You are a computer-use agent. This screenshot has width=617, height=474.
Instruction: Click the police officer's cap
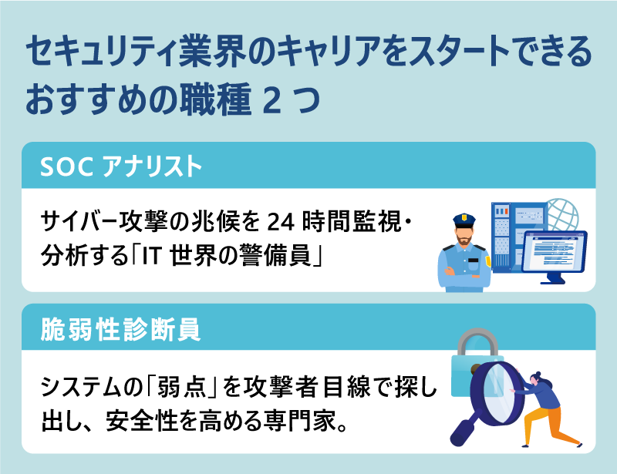[x=465, y=217]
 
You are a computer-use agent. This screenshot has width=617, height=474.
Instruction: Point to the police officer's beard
[x=465, y=241]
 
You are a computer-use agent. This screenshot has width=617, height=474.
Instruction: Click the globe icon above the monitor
[x=561, y=216]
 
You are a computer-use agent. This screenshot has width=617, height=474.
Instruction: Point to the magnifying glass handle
[x=463, y=432]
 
